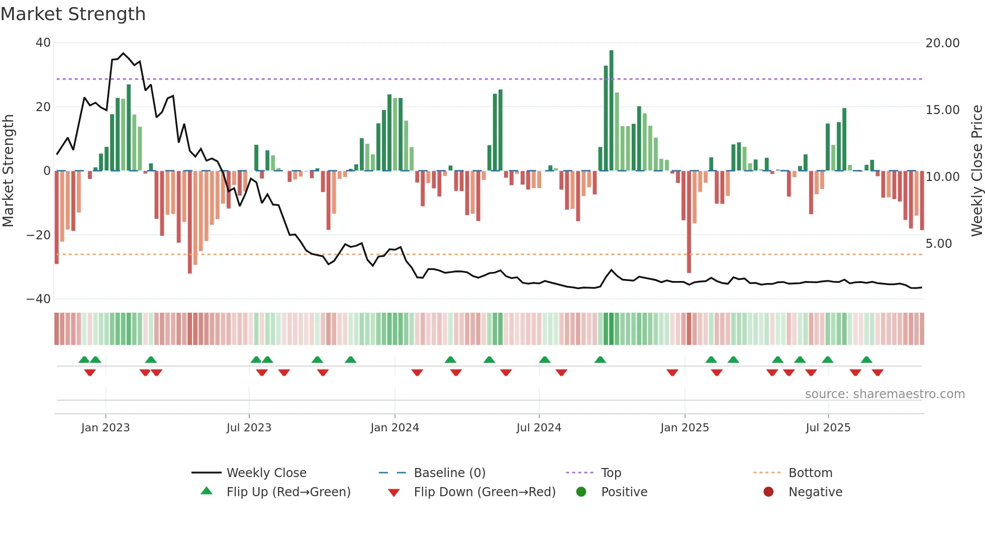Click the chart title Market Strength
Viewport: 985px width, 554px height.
(x=73, y=14)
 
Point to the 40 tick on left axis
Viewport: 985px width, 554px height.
(x=43, y=43)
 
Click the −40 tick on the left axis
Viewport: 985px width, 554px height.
(x=39, y=299)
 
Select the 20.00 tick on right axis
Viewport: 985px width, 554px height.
(x=942, y=43)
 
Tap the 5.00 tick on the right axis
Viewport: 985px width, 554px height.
(x=938, y=244)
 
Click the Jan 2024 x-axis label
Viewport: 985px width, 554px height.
(x=395, y=428)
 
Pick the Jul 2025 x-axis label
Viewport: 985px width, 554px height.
(x=828, y=428)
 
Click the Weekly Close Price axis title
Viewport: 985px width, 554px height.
(x=976, y=171)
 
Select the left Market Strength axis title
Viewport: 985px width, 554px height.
(x=8, y=171)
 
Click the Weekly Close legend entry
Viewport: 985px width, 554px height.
(x=266, y=473)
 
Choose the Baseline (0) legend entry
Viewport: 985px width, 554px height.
(x=449, y=473)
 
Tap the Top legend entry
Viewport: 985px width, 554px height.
(x=611, y=473)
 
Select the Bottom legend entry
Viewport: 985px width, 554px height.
(x=810, y=473)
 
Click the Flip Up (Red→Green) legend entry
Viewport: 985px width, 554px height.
(x=288, y=492)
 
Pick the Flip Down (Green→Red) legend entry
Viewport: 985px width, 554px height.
(x=484, y=492)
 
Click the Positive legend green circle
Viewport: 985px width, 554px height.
(x=581, y=492)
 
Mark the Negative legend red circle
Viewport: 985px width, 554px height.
(x=768, y=492)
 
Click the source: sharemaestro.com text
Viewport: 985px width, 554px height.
(x=884, y=394)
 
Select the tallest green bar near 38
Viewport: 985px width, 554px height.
(x=611, y=111)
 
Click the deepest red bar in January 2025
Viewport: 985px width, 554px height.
(x=689, y=221)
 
